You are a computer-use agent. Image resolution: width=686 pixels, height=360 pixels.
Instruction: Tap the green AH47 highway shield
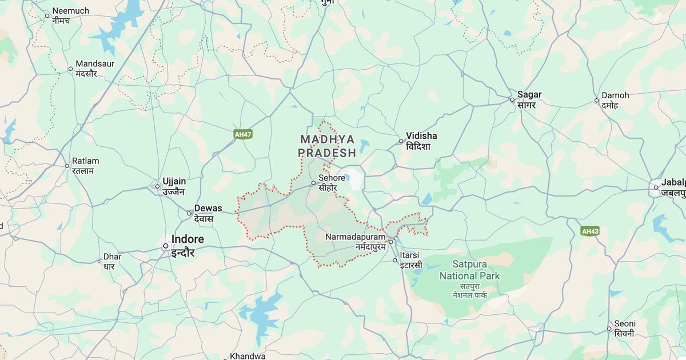[243, 134]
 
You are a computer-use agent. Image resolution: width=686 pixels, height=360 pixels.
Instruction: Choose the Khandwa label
[248, 355]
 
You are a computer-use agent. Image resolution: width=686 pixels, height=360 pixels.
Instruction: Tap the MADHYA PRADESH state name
[328, 146]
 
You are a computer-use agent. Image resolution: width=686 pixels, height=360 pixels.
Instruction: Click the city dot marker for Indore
[165, 246]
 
